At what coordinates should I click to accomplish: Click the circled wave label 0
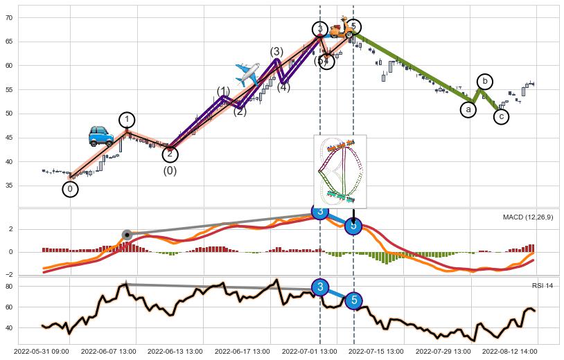click(70, 189)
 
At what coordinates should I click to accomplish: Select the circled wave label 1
click(127, 120)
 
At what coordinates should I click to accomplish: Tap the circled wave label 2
click(170, 154)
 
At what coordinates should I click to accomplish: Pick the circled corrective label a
click(468, 109)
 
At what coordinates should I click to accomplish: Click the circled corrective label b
click(485, 82)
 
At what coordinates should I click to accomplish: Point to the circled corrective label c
click(502, 117)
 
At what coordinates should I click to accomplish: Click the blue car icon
click(101, 136)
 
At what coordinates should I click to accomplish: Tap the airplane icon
click(247, 73)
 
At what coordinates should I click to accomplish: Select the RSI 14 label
click(543, 285)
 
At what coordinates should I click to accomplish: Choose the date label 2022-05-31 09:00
click(46, 352)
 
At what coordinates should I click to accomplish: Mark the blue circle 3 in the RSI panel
click(319, 287)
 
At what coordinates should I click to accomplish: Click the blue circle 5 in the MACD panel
click(353, 225)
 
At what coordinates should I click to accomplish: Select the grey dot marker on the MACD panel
click(127, 235)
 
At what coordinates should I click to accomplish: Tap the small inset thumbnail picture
click(340, 171)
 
